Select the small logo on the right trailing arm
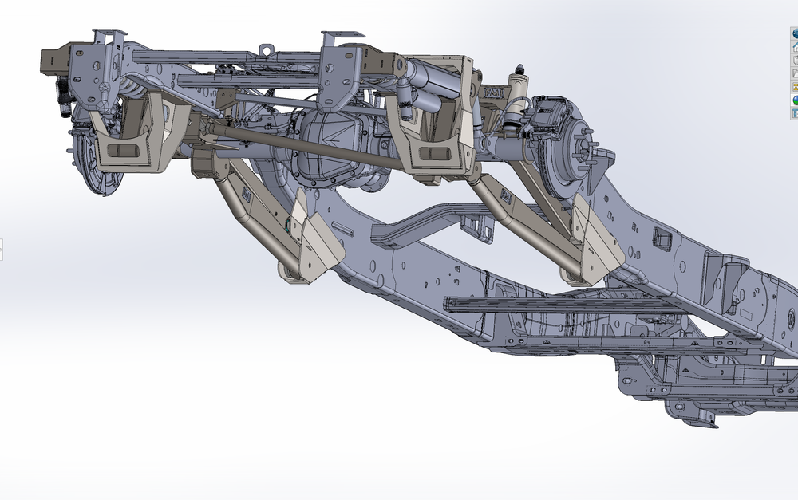point(504,194)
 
